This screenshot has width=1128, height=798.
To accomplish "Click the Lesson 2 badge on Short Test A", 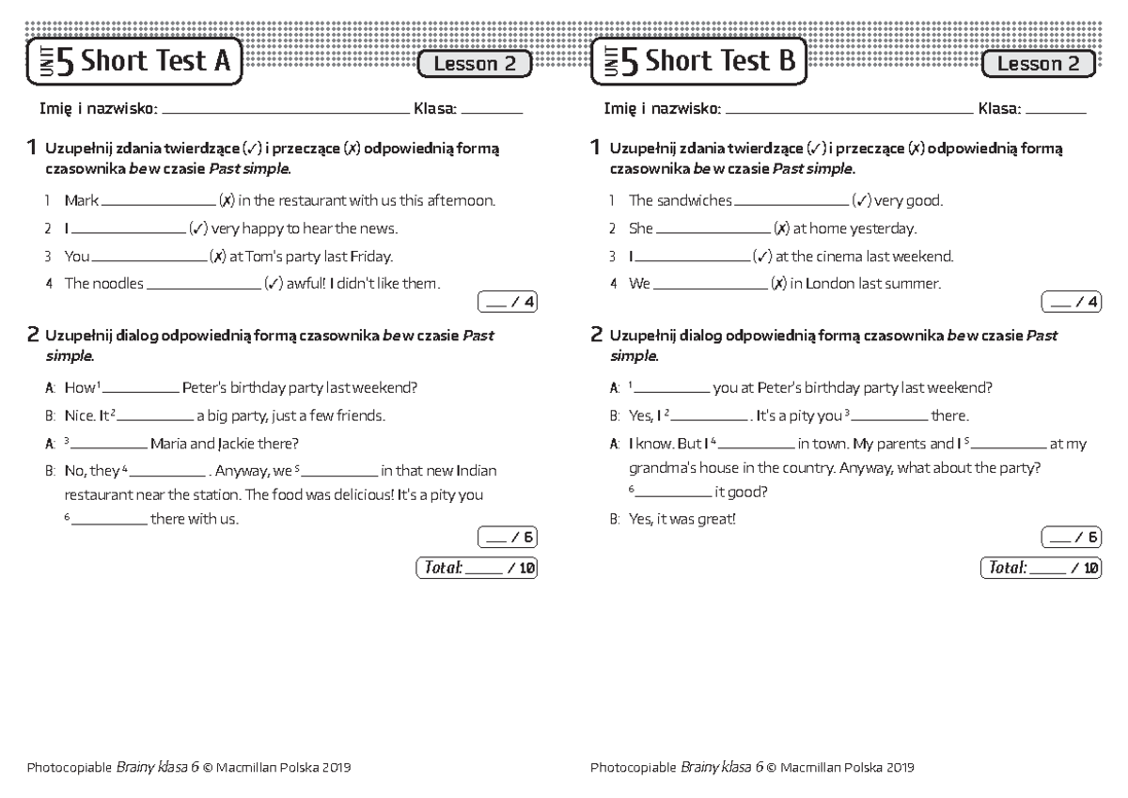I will pos(475,64).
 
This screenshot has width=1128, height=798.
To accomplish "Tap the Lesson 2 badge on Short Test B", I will pos(1038,64).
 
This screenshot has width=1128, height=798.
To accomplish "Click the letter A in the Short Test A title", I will pos(222,62).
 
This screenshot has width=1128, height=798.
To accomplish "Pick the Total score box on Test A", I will pos(476,568).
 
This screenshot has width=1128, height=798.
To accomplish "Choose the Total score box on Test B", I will pos(1040,568).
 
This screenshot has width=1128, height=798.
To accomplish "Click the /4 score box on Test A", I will pos(508,302).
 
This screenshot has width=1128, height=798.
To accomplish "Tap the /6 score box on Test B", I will pos(1072,538).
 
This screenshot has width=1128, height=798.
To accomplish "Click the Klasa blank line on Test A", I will pos(492,111).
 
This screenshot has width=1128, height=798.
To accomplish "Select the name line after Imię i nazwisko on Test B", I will pos(850,111).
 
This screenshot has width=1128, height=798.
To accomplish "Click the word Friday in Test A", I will pos(371,257).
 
